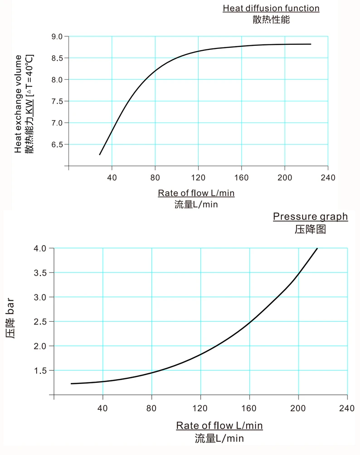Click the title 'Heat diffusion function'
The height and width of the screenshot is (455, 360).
tap(271, 8)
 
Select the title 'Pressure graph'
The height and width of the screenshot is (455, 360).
tap(310, 217)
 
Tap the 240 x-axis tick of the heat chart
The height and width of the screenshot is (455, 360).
tap(328, 177)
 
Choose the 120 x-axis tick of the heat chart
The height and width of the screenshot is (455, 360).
tap(198, 177)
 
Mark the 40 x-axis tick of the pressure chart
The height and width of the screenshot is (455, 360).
tap(103, 407)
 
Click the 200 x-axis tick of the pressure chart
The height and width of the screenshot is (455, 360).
tap(298, 407)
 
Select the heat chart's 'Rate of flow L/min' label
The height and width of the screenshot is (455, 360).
tap(196, 193)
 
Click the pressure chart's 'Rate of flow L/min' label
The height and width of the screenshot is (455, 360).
tap(219, 426)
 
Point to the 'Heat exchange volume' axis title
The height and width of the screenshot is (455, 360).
tap(18, 103)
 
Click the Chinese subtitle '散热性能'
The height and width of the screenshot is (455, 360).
tap(271, 19)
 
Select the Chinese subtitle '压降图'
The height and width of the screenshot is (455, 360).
tap(310, 229)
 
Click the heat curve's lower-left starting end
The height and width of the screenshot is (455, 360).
tap(100, 155)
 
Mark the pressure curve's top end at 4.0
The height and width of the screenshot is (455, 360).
tap(317, 248)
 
